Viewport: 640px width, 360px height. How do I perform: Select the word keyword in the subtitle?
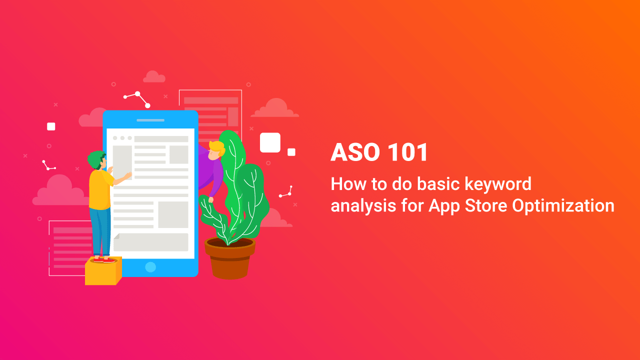(498, 184)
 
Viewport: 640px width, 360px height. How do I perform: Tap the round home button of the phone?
(150, 267)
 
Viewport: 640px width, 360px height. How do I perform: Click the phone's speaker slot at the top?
(150, 120)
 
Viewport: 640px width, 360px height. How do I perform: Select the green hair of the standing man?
(96, 159)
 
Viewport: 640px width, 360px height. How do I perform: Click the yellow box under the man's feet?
(103, 271)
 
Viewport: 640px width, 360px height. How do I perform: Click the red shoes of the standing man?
(104, 260)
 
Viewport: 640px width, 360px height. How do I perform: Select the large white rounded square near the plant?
(270, 142)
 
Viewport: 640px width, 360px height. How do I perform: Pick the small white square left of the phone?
(51, 126)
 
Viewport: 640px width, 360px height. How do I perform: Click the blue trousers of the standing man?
(100, 231)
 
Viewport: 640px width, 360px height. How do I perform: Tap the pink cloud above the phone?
(154, 77)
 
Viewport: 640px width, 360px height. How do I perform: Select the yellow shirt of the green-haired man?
(100, 189)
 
